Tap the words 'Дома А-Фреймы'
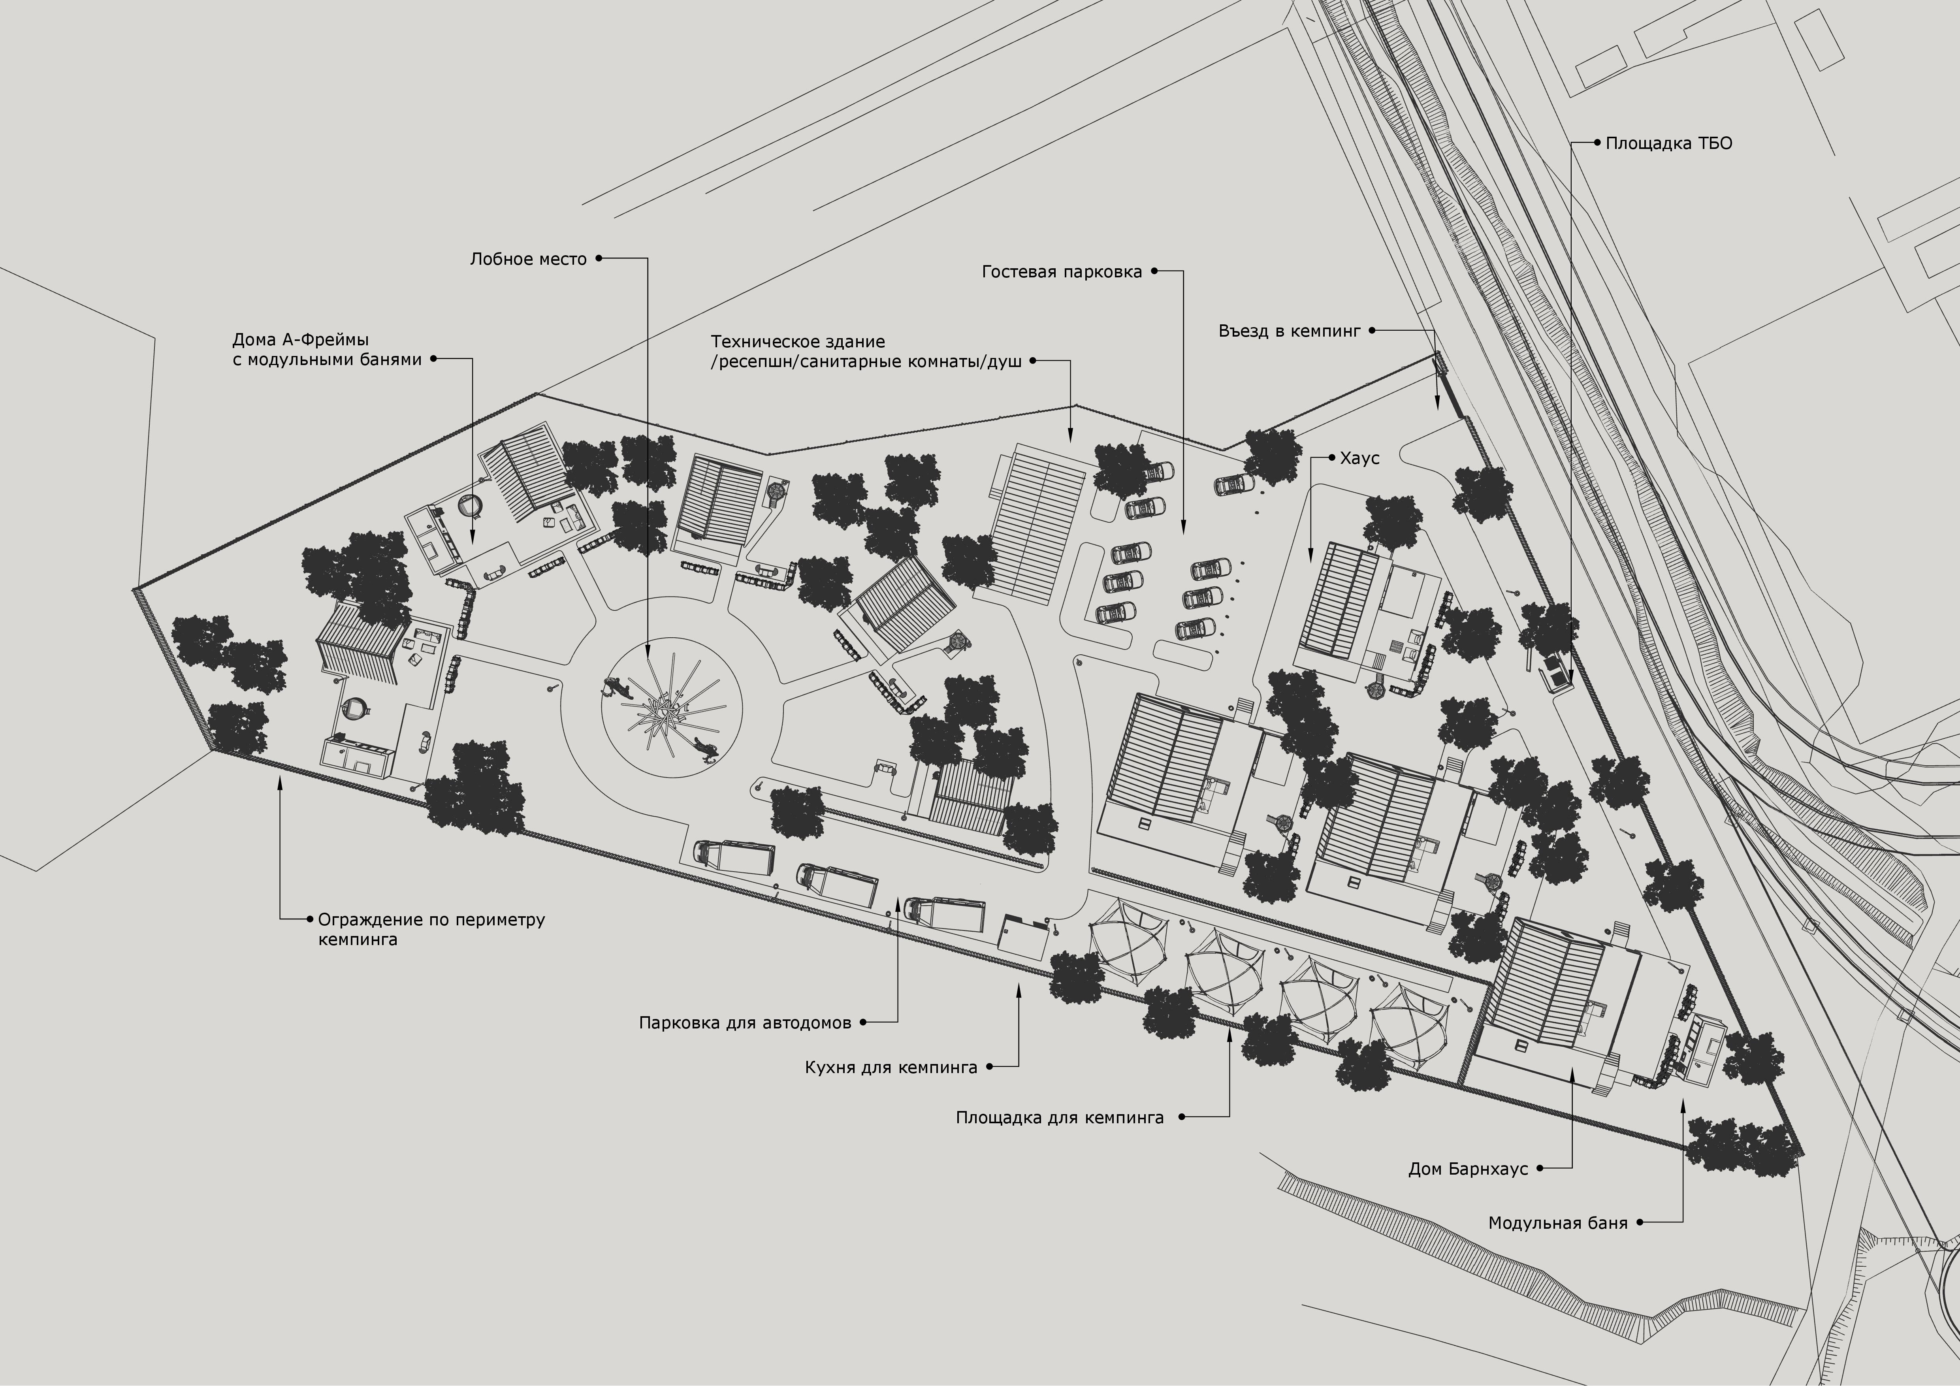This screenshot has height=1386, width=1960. (x=301, y=340)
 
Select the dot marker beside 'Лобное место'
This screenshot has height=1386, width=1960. (x=599, y=258)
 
